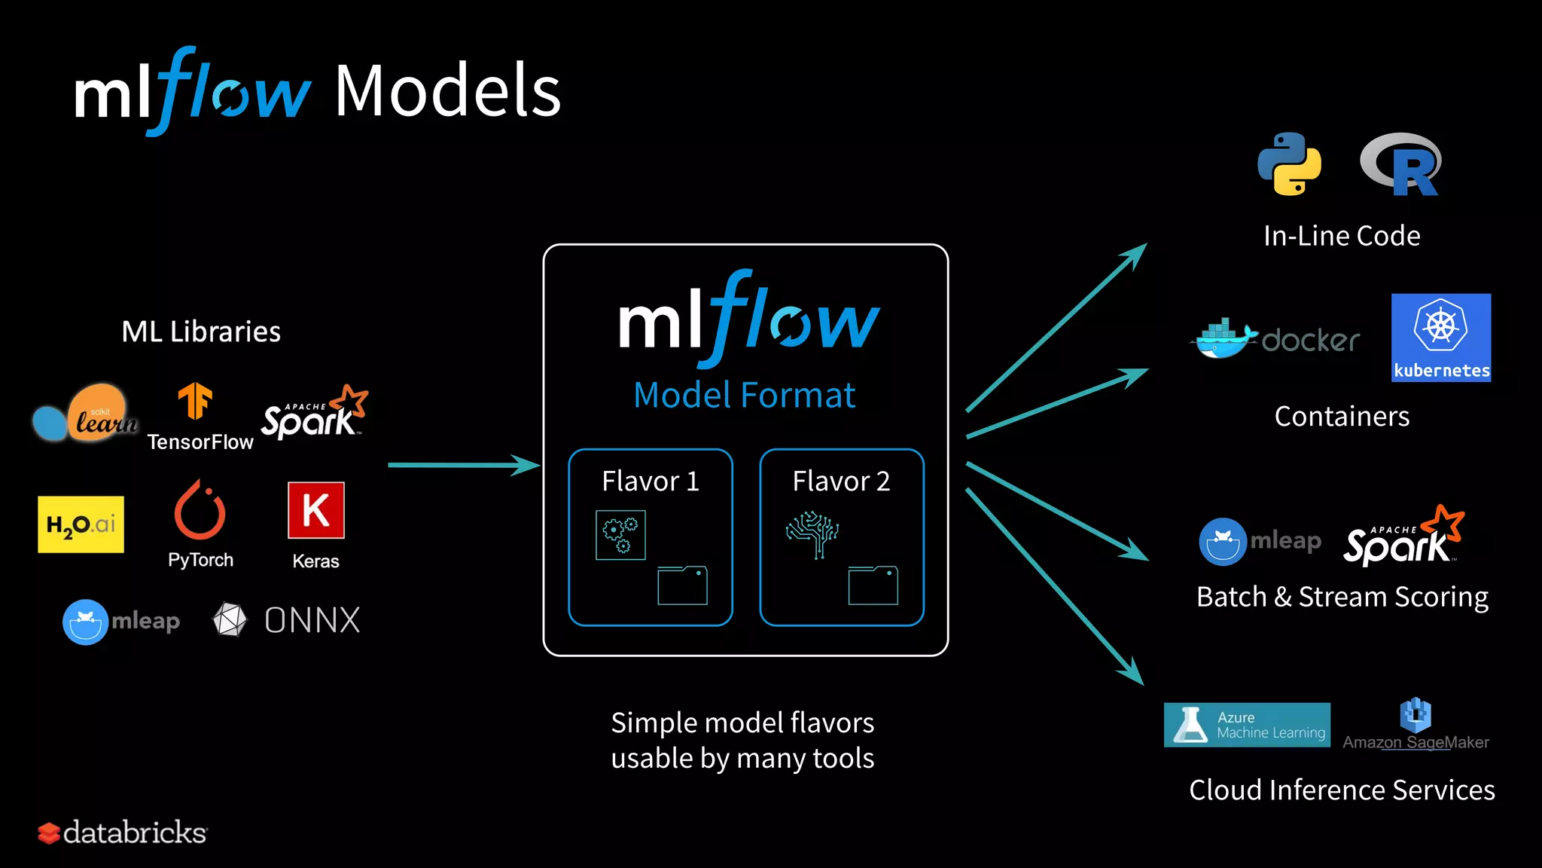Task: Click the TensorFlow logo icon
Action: [195, 401]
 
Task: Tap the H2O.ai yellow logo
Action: [81, 524]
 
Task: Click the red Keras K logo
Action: [315, 510]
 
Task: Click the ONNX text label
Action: [312, 620]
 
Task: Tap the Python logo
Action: [1289, 164]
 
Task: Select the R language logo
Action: [1401, 164]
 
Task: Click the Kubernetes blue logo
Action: [1441, 338]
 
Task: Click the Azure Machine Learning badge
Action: [1247, 725]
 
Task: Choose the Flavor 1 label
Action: [651, 481]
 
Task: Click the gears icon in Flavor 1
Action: [620, 535]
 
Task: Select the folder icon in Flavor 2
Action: [873, 585]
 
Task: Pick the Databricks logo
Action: [123, 833]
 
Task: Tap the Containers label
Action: [1342, 416]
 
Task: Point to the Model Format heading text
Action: [745, 395]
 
